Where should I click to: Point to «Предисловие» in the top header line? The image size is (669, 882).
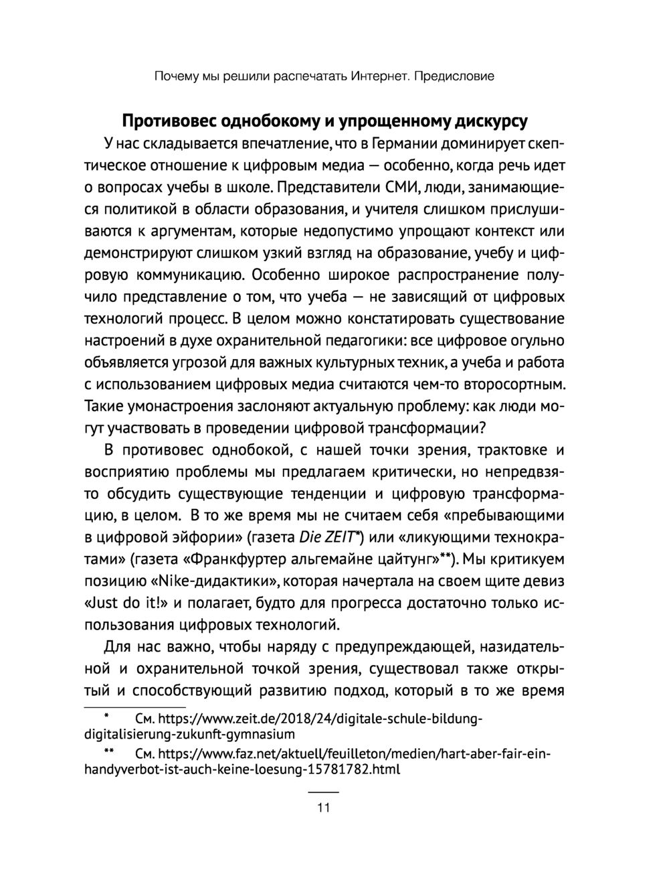(x=454, y=76)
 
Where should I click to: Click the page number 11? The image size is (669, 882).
(x=323, y=808)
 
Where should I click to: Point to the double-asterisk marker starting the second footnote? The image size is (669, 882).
(x=108, y=751)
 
